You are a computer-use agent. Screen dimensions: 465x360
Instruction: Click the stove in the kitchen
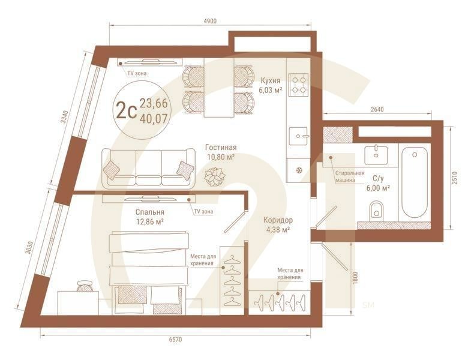tap(299, 85)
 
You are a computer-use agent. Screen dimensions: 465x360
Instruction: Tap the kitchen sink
tap(298, 136)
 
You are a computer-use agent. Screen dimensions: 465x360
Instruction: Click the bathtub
tap(414, 184)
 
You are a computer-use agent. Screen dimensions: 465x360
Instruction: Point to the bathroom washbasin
tap(376, 154)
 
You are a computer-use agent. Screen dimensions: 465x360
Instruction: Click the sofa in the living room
tap(148, 169)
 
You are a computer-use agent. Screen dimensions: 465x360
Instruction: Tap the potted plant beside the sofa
tap(215, 177)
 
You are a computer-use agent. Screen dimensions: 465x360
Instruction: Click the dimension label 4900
tap(210, 21)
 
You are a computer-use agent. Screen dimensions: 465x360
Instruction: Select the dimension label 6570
tap(175, 340)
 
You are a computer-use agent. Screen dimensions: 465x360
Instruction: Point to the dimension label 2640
tap(377, 109)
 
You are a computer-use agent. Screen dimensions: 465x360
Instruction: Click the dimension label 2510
tap(455, 178)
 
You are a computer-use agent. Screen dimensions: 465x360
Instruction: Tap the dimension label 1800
tap(356, 278)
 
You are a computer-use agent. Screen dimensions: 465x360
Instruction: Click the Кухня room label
tap(270, 80)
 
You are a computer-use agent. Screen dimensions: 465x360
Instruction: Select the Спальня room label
tap(150, 212)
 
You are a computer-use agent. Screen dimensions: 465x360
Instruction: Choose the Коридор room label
tap(278, 220)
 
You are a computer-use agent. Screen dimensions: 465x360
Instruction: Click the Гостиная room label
tap(221, 148)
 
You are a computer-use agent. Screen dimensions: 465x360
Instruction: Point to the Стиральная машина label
tap(350, 176)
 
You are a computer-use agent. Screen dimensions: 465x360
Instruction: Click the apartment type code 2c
tap(127, 110)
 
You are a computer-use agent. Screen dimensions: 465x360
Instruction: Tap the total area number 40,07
tap(154, 119)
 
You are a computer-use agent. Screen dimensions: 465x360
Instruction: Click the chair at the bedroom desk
tap(85, 286)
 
